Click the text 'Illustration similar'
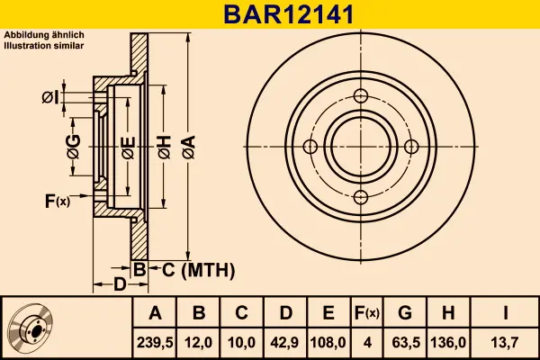click(44, 43)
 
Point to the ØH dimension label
click(164, 148)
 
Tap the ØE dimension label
click(128, 148)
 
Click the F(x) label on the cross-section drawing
click(56, 201)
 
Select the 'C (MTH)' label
click(192, 269)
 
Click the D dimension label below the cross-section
click(119, 285)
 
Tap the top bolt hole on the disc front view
click(361, 97)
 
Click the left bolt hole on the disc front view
click(310, 148)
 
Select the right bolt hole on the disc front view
click(411, 148)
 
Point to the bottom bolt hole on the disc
click(361, 198)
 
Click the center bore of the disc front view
click(361, 148)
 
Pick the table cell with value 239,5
click(155, 342)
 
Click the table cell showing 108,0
click(328, 342)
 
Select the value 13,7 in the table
click(507, 342)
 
